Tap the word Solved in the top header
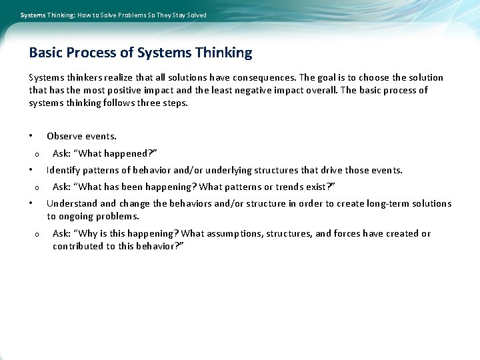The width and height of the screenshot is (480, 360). click(195, 15)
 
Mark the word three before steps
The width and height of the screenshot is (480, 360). click(149, 103)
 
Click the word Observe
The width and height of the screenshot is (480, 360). click(64, 136)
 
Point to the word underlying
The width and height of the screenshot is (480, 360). click(212, 170)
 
